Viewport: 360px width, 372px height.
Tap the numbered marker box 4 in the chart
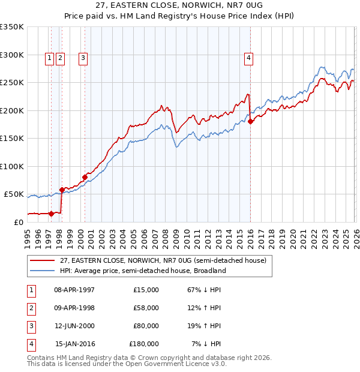point(248,58)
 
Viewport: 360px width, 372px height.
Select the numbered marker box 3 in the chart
point(82,58)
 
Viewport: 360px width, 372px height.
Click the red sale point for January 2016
point(250,122)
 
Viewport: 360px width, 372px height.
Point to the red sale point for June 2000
point(85,177)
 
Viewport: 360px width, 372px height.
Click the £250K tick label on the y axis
point(12,83)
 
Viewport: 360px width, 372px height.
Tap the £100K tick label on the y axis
point(12,166)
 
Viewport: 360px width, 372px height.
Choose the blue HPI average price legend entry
point(142,271)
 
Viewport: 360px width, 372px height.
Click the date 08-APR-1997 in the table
point(74,290)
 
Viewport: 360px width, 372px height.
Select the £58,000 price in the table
point(146,308)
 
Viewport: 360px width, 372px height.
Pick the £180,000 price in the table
point(144,344)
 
